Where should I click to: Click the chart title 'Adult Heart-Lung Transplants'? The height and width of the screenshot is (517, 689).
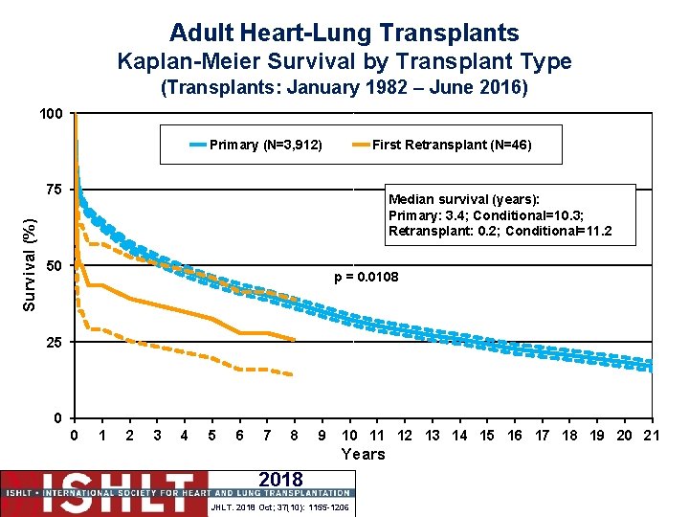[344, 33]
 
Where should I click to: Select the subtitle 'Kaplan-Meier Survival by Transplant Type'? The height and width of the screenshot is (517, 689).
[344, 62]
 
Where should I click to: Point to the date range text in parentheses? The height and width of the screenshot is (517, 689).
[344, 89]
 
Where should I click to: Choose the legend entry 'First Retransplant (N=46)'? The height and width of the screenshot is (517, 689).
[451, 146]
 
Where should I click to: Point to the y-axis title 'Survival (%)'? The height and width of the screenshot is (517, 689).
[31, 264]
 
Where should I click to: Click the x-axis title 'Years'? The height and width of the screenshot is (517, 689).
[363, 455]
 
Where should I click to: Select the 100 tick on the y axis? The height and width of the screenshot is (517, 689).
[52, 115]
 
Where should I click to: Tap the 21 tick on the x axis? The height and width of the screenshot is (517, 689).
[652, 436]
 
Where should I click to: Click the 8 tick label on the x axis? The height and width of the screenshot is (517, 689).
[295, 436]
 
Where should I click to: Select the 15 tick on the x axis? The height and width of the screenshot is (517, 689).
[487, 436]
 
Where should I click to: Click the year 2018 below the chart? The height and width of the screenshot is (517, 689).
[280, 480]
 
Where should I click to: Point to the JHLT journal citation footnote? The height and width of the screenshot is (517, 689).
[280, 506]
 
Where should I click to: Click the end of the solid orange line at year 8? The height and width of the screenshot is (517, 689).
[294, 340]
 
